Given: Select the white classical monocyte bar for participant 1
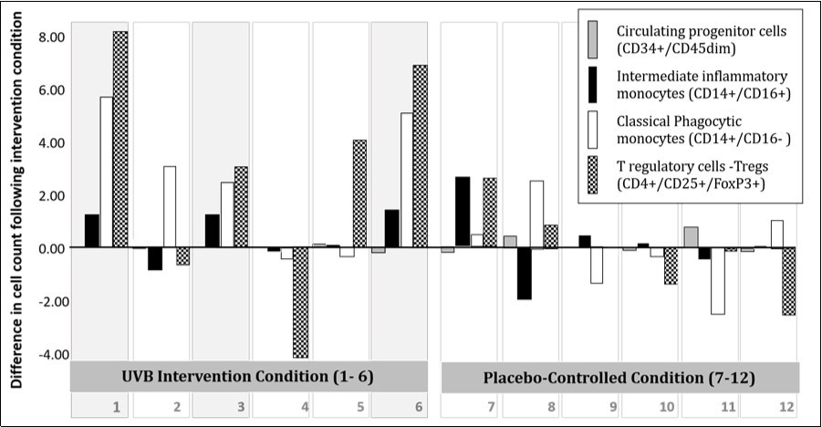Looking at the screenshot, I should click(x=106, y=172).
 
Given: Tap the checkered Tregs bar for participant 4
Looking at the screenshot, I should click(x=300, y=302).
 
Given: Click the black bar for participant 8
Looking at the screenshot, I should click(x=524, y=273).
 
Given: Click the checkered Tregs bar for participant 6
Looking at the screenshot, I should click(x=420, y=156).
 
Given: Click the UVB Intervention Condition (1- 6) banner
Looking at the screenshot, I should click(x=248, y=377).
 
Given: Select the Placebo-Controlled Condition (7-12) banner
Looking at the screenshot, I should click(x=620, y=377).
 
